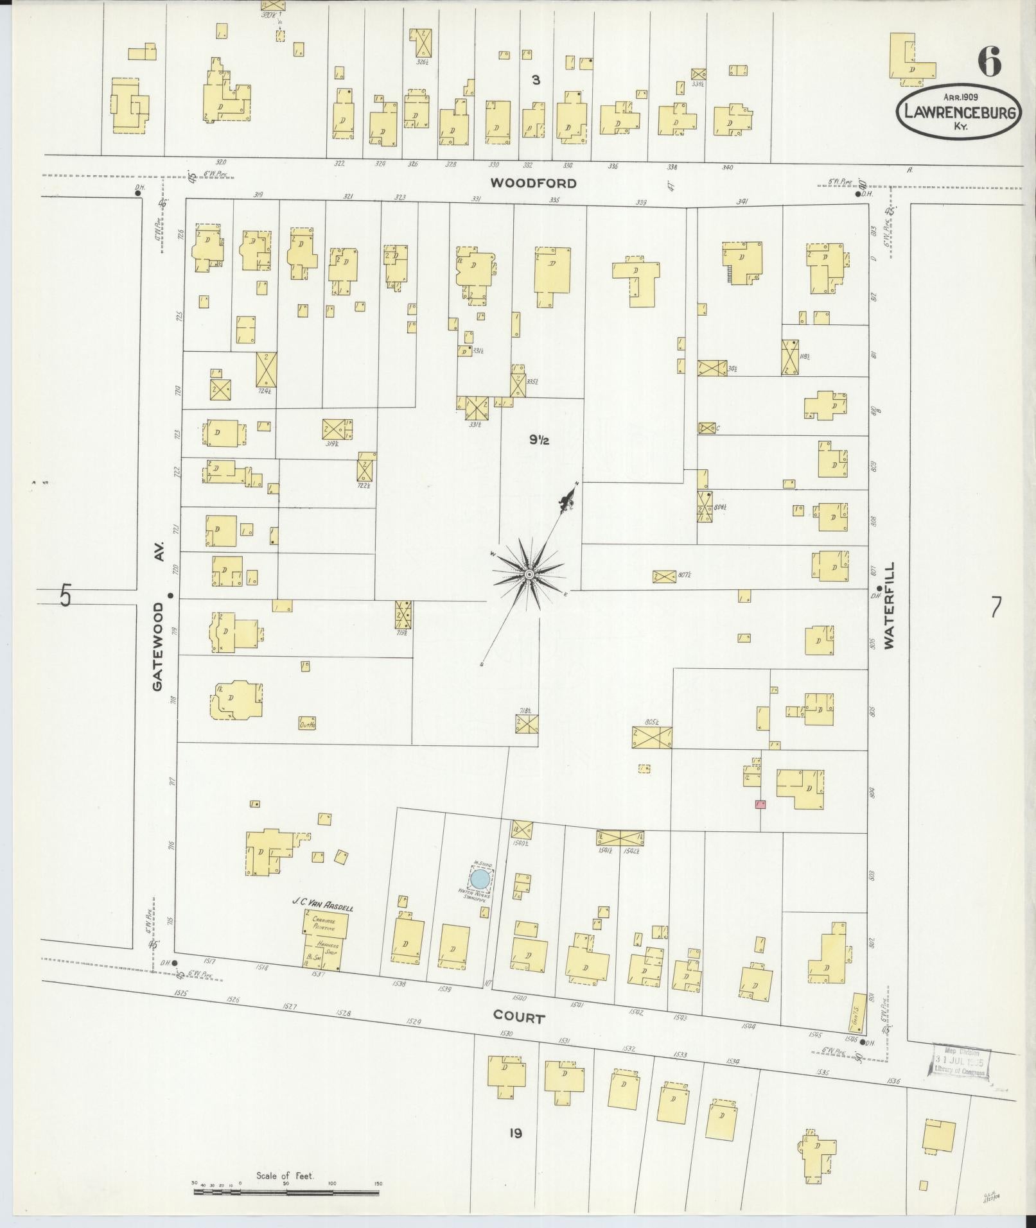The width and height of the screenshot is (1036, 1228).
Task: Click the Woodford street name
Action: (x=533, y=183)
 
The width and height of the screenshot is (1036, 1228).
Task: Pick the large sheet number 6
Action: (x=989, y=62)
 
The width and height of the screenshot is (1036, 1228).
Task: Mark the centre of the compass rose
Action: (x=529, y=573)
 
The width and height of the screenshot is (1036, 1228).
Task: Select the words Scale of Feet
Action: (x=284, y=1175)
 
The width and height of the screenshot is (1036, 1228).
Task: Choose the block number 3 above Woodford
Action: (x=536, y=80)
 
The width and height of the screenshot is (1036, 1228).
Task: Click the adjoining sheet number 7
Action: (x=996, y=607)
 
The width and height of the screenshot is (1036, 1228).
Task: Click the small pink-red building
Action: (x=760, y=804)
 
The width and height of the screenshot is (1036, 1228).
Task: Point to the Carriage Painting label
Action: (x=326, y=922)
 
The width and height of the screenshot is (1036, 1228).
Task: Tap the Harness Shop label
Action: (x=328, y=947)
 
